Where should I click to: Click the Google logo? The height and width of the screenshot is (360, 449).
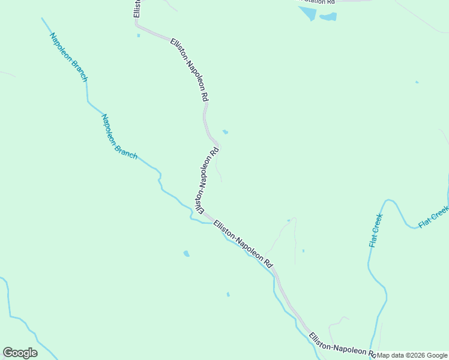(20, 353)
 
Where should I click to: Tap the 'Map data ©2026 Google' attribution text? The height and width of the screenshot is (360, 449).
(412, 355)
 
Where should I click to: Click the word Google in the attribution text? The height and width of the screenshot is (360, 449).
(438, 355)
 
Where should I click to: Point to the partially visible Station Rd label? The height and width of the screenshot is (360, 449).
(318, 2)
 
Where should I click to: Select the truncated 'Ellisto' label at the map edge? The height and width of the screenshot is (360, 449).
(137, 8)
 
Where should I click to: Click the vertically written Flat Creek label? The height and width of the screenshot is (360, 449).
(376, 230)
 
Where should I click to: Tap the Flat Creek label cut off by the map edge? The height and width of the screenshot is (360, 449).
(433, 217)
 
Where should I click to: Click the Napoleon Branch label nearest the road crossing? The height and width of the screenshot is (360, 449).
(119, 137)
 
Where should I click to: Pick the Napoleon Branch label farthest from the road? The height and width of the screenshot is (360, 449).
(68, 57)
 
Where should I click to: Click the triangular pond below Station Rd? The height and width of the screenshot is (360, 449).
(307, 13)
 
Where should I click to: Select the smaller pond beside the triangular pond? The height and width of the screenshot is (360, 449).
(328, 17)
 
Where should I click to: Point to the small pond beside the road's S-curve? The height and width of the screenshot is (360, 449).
(225, 132)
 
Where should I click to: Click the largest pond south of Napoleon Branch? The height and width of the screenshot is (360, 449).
(186, 254)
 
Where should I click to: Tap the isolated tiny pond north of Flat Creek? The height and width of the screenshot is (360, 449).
(417, 82)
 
